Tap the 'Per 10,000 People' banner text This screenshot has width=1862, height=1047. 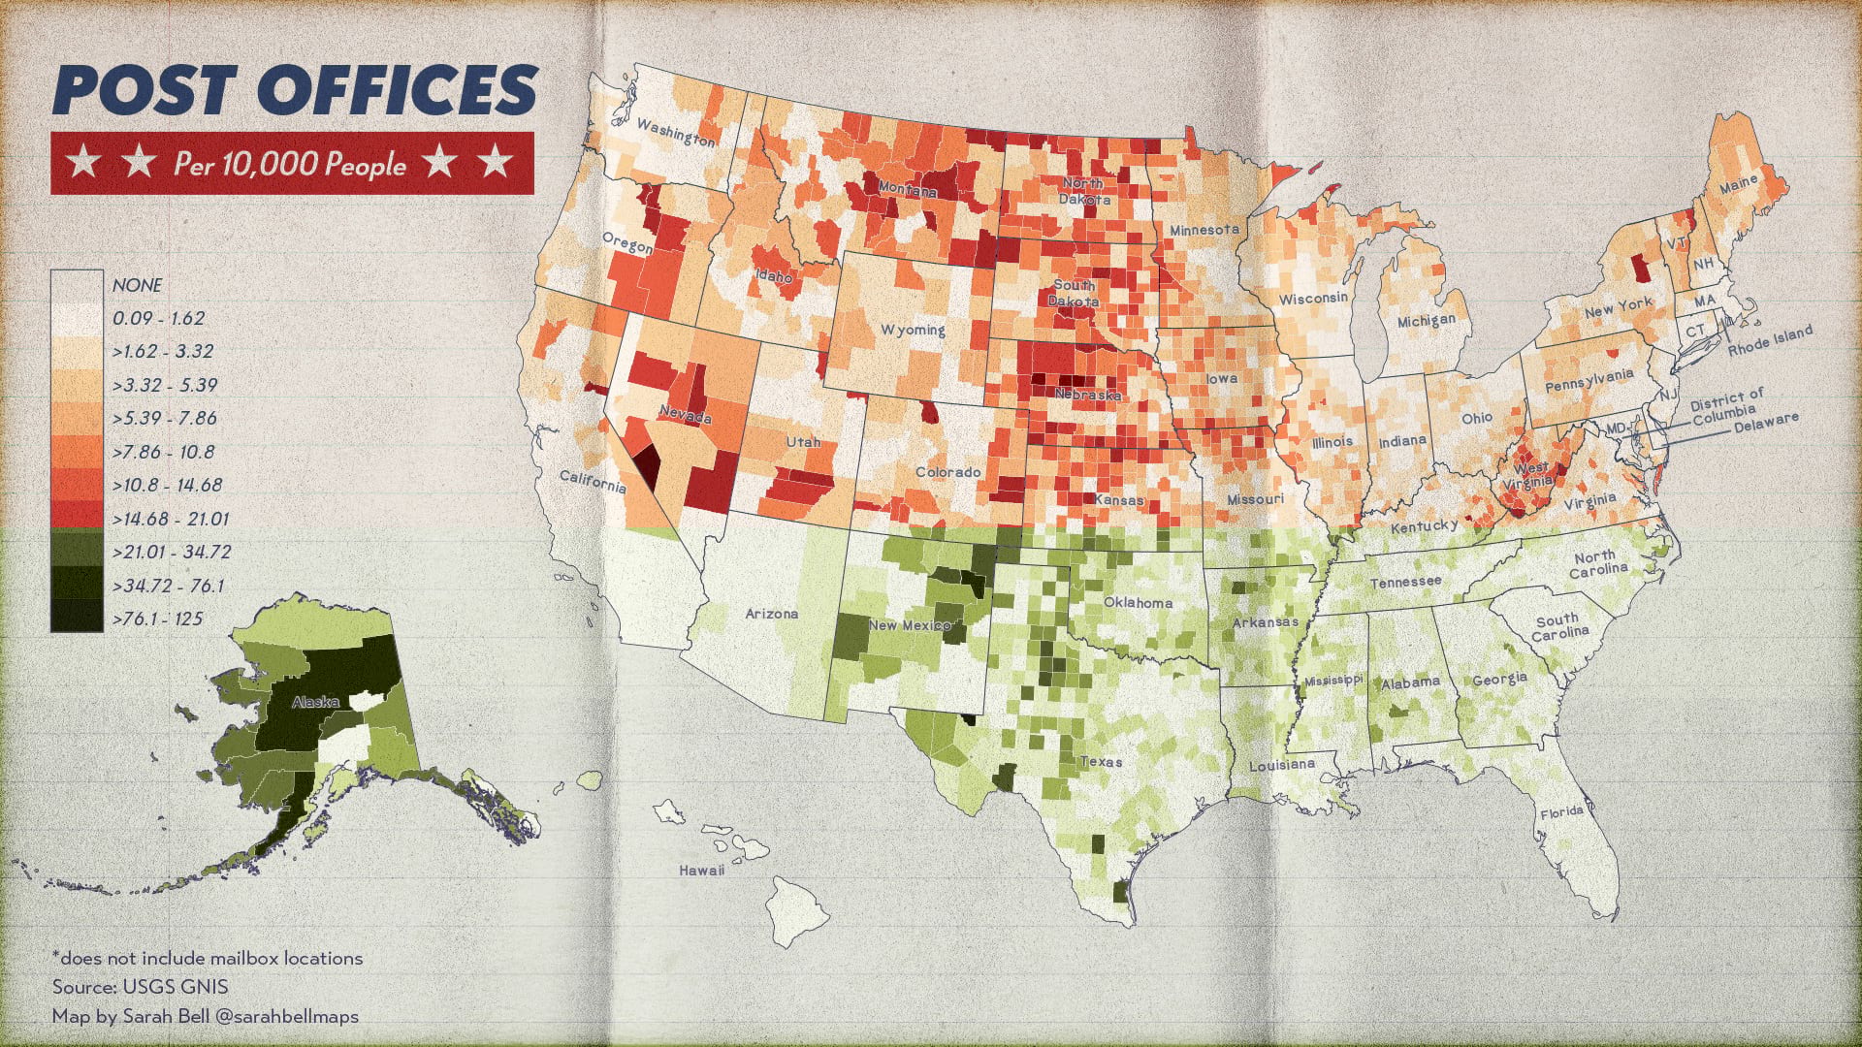tap(289, 164)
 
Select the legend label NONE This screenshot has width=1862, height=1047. tap(137, 285)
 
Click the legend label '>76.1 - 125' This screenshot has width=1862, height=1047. tap(158, 619)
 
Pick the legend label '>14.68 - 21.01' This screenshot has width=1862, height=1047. tap(171, 519)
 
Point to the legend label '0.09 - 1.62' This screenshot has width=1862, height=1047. tap(158, 318)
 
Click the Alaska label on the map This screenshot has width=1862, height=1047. tap(315, 701)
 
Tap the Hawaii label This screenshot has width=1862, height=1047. tap(701, 870)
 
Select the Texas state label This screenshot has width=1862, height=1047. tap(1101, 761)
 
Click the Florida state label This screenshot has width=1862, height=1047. tap(1561, 811)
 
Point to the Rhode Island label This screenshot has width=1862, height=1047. tap(1770, 341)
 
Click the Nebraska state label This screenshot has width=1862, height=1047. tap(1087, 395)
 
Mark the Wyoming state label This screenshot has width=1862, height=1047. tap(913, 330)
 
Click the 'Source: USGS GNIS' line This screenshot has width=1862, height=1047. tap(141, 987)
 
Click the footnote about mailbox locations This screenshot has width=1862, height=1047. tap(208, 958)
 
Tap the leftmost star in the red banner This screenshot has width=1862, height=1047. tap(84, 163)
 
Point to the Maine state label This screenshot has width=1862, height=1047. tap(1738, 183)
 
